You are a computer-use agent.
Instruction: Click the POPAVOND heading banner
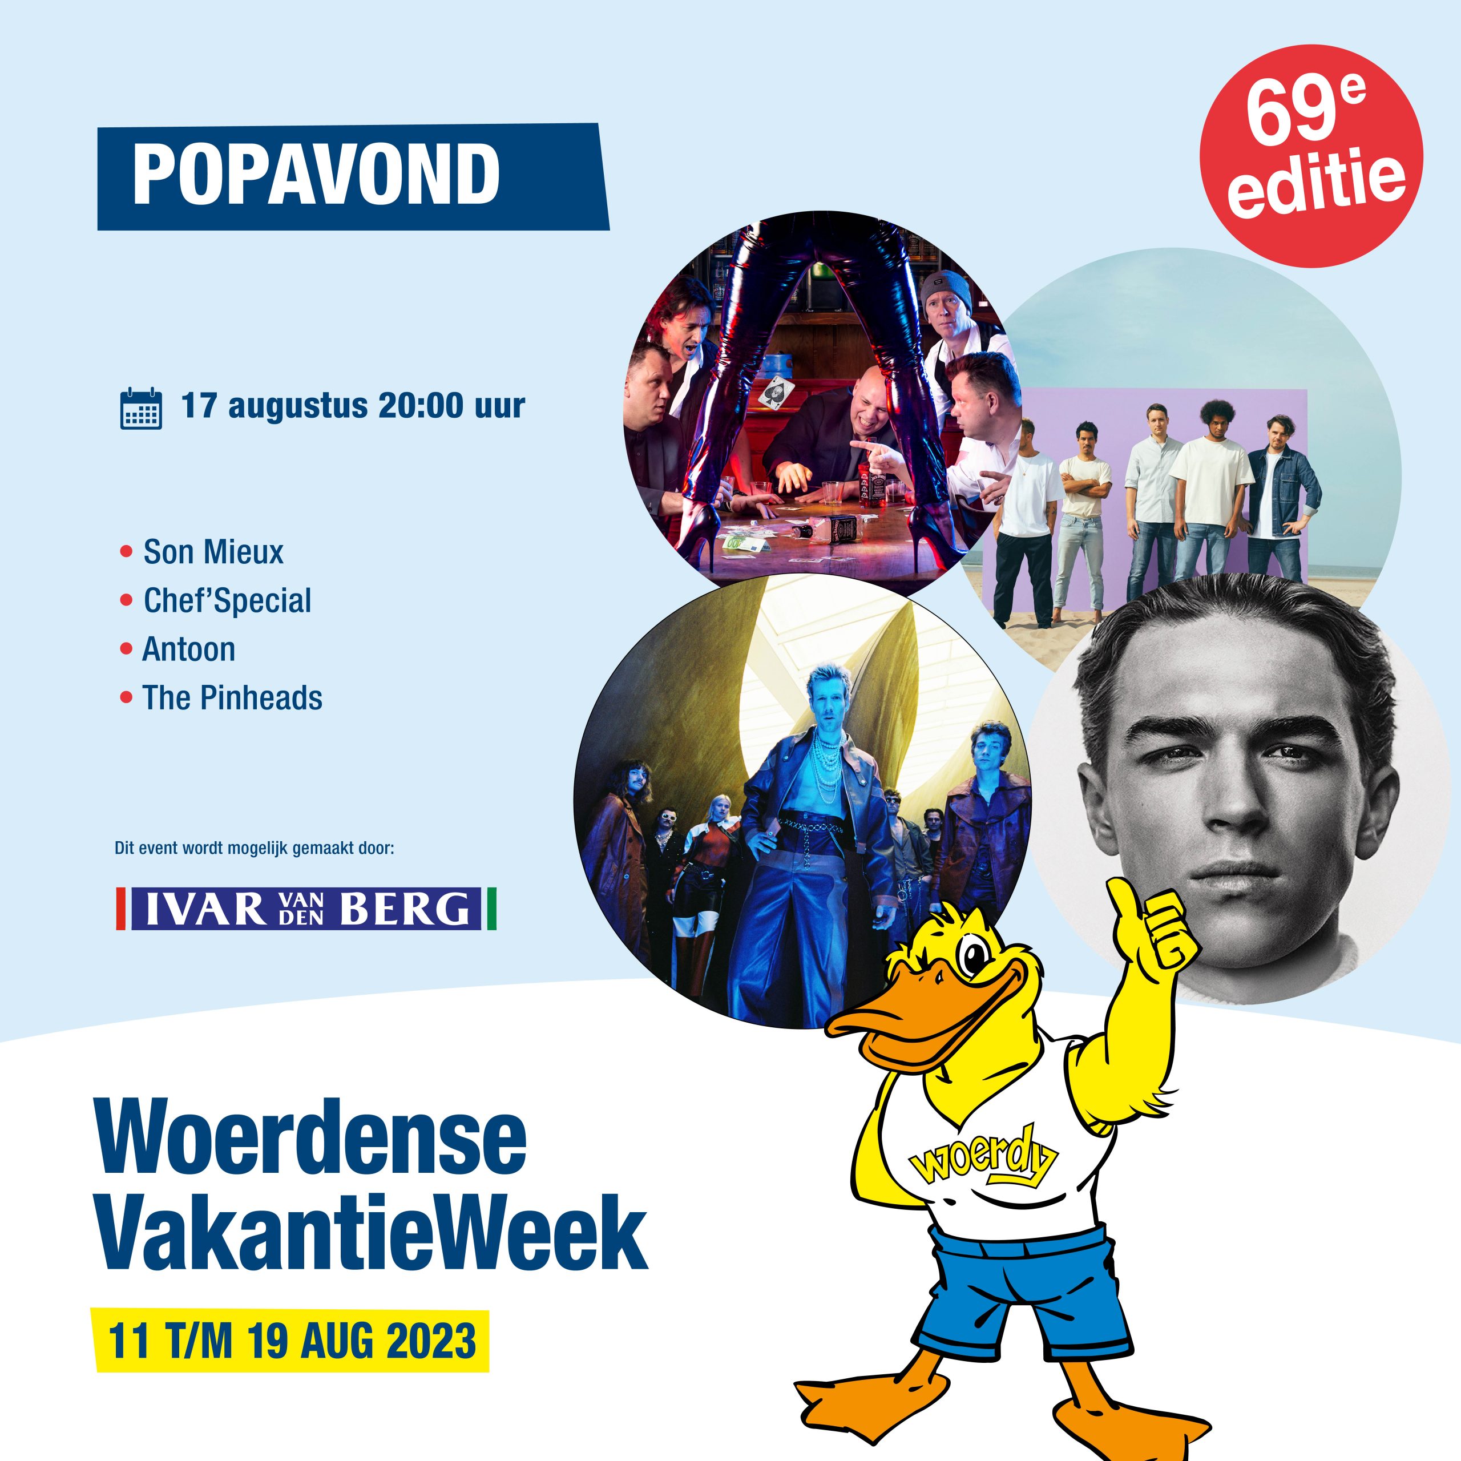tap(353, 176)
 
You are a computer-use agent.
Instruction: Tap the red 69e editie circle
tap(1311, 155)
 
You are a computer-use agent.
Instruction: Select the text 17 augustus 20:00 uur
tap(352, 406)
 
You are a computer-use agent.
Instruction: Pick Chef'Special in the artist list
tap(227, 600)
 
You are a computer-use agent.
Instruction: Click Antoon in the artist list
tap(188, 649)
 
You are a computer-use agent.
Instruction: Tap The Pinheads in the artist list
tap(232, 697)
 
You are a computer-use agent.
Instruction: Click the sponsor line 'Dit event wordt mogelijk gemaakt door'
tap(255, 849)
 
